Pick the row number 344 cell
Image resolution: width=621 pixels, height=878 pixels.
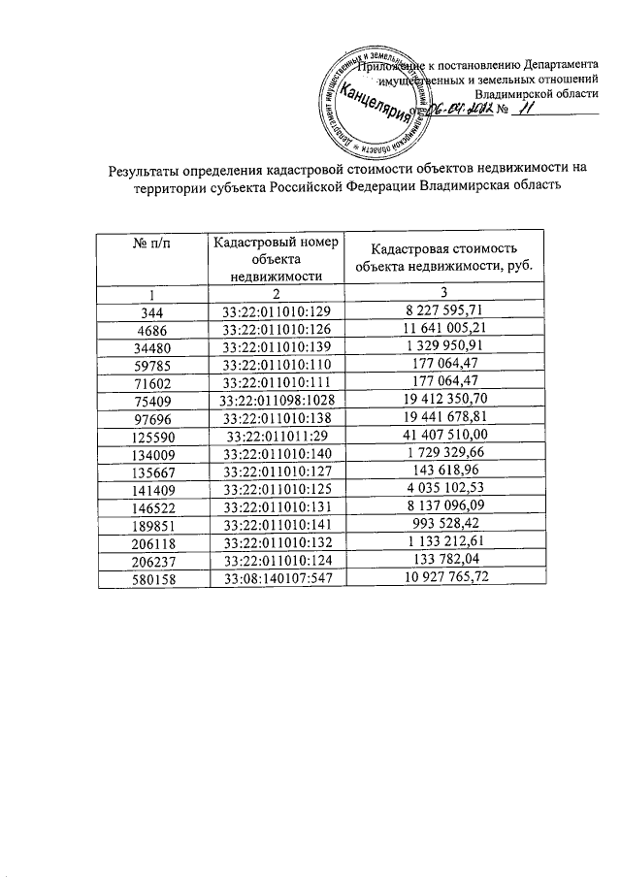(151, 310)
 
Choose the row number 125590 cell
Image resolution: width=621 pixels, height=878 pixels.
(151, 433)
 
